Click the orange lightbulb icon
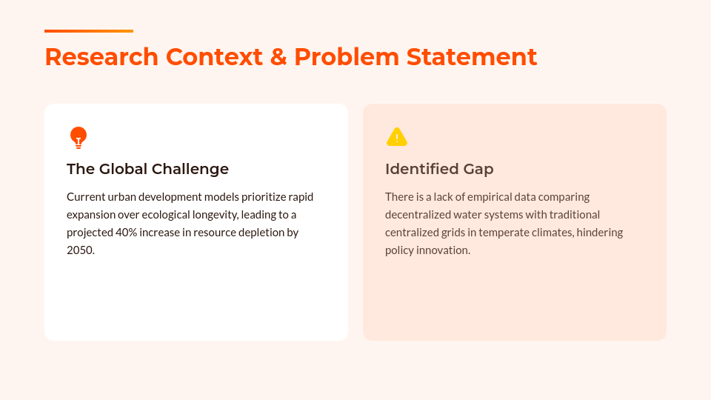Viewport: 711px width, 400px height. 79,138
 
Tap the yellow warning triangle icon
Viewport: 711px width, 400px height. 397,137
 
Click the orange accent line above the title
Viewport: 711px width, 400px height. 89,31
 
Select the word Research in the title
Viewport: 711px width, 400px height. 101,57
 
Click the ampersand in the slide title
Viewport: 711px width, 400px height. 278,57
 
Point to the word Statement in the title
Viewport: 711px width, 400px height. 472,57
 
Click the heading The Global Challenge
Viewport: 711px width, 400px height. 148,169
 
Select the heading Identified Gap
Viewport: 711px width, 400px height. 439,169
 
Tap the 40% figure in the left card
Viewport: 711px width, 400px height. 126,232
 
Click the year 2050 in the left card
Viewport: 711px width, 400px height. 80,250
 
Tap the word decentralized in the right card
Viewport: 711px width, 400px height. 418,215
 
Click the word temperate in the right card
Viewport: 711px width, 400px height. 502,232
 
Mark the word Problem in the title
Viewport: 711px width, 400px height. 347,57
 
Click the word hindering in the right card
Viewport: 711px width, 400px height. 600,232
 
